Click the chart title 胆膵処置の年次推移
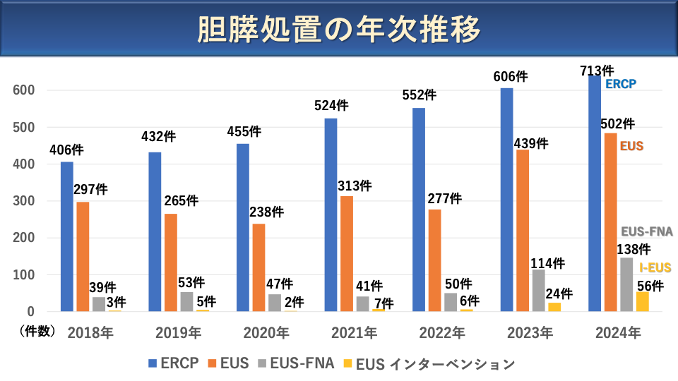click(x=339, y=30)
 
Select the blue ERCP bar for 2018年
click(x=67, y=236)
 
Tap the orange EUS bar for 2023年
click(x=523, y=230)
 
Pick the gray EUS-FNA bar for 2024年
click(x=626, y=284)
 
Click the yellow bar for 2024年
click(x=642, y=301)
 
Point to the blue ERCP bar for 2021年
click(x=331, y=214)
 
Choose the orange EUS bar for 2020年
click(x=259, y=267)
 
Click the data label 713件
click(x=597, y=71)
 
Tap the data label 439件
click(x=531, y=143)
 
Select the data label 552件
click(x=420, y=95)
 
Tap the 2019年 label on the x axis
click(x=179, y=332)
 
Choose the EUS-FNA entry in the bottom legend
click(x=302, y=364)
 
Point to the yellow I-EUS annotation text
click(x=655, y=267)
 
